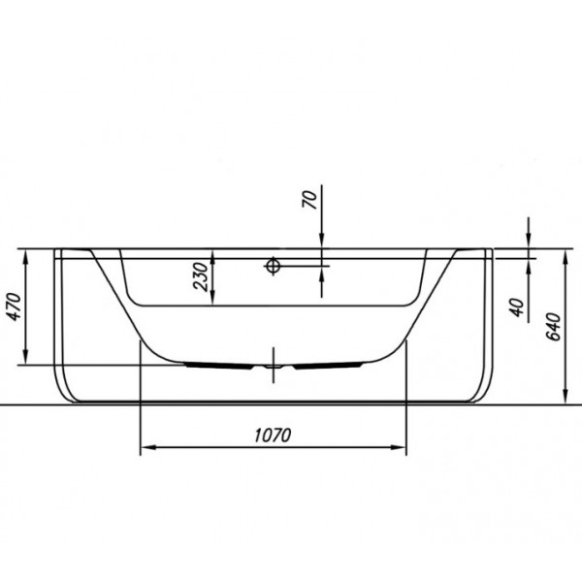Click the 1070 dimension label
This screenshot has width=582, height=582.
273,435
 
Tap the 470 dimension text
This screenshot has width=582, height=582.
15,307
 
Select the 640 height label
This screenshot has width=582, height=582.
554,326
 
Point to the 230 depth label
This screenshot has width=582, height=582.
201,276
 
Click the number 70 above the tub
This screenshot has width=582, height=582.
310,199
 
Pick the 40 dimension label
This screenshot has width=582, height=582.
517,307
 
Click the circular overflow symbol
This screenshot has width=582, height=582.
273,266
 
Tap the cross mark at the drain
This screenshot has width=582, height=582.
274,366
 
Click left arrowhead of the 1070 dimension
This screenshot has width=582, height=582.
147,447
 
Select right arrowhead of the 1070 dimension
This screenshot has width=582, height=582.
399,447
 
